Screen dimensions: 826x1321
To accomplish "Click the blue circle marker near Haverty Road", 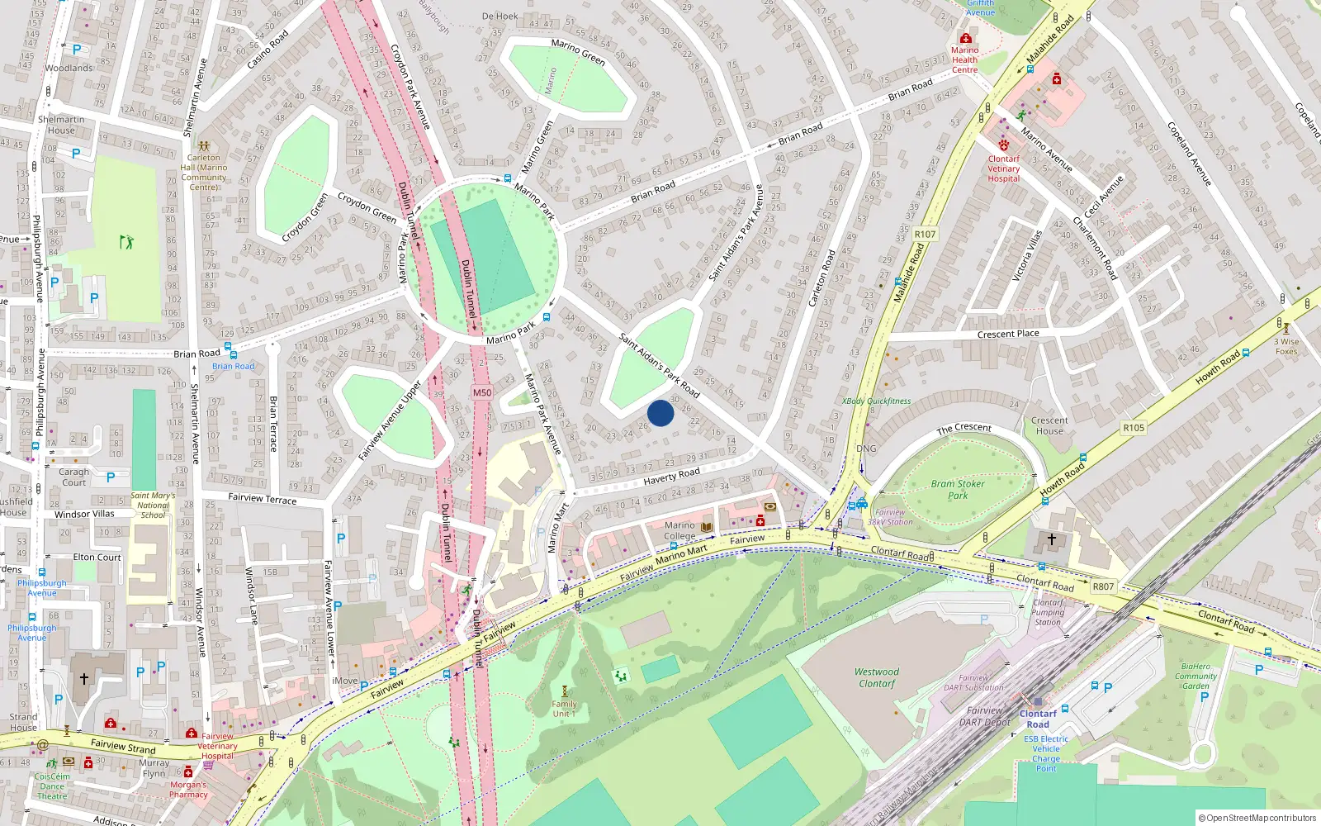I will [x=660, y=413].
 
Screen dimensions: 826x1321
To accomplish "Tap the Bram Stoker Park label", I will [x=958, y=490].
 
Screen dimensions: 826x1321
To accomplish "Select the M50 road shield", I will [x=482, y=392].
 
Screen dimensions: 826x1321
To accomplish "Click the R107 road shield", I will [x=925, y=235].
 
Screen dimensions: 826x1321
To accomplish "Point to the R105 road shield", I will [x=1134, y=427].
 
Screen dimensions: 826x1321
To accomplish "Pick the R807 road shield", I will [x=1103, y=586].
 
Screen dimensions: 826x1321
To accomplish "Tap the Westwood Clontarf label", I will [x=877, y=677].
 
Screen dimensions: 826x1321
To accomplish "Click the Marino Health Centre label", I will [x=964, y=59].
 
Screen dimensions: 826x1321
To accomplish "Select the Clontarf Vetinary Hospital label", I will [x=1004, y=169].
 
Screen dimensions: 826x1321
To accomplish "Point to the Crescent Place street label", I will [x=1008, y=334].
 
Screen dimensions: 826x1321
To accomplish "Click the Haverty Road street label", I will [x=671, y=477].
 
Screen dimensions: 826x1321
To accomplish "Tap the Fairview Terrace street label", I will [x=262, y=498].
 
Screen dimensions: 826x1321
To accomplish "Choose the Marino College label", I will [x=679, y=530].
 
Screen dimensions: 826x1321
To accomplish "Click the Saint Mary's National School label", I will [x=153, y=505].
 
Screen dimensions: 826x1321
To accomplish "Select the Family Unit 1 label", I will [x=565, y=709].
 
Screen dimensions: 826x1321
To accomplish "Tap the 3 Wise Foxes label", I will [x=1286, y=346].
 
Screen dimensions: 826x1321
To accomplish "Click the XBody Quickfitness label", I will [x=876, y=401].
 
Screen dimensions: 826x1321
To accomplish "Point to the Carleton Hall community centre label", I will [x=203, y=172].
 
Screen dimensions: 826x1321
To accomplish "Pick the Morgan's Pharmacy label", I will [x=188, y=790].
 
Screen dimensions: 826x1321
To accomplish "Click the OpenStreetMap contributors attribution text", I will [x=1257, y=818].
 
